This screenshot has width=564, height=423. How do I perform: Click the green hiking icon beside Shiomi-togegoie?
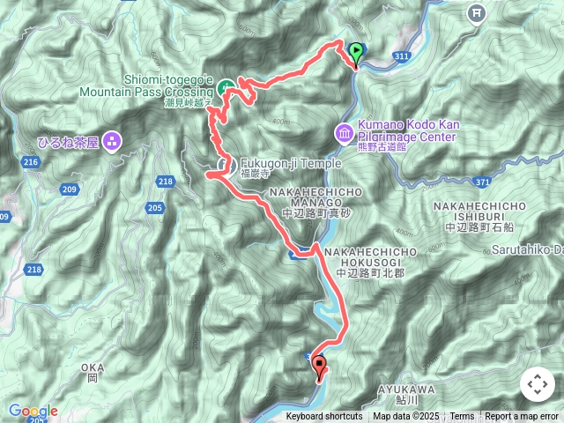click(226, 86)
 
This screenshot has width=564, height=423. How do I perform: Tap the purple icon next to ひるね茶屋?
click(112, 140)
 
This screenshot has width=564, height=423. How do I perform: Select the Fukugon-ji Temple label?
click(278, 163)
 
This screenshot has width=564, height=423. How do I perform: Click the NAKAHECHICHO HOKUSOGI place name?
click(377, 258)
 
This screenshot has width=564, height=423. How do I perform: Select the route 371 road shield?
click(506, 181)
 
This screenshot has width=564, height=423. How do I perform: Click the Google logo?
click(33, 411)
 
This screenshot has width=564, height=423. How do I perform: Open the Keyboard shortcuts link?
click(323, 417)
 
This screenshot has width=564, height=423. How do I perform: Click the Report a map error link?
click(523, 417)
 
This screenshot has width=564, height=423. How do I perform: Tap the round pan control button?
click(537, 384)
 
